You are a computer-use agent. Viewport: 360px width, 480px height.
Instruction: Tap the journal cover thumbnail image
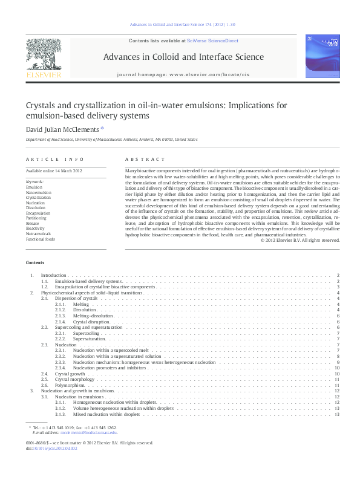click(322, 57)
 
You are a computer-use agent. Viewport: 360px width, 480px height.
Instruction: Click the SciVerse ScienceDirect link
click(212, 41)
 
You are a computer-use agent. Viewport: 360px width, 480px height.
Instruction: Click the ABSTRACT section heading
click(145, 159)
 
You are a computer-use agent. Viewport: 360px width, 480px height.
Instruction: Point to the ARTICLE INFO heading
click(54, 159)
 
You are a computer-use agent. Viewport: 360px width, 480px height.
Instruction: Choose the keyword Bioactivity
click(36, 228)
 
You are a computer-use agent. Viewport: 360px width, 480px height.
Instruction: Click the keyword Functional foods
click(41, 239)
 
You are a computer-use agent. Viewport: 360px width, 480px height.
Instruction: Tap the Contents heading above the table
click(35, 262)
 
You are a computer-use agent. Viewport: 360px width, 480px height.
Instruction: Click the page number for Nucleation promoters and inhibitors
click(336, 368)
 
